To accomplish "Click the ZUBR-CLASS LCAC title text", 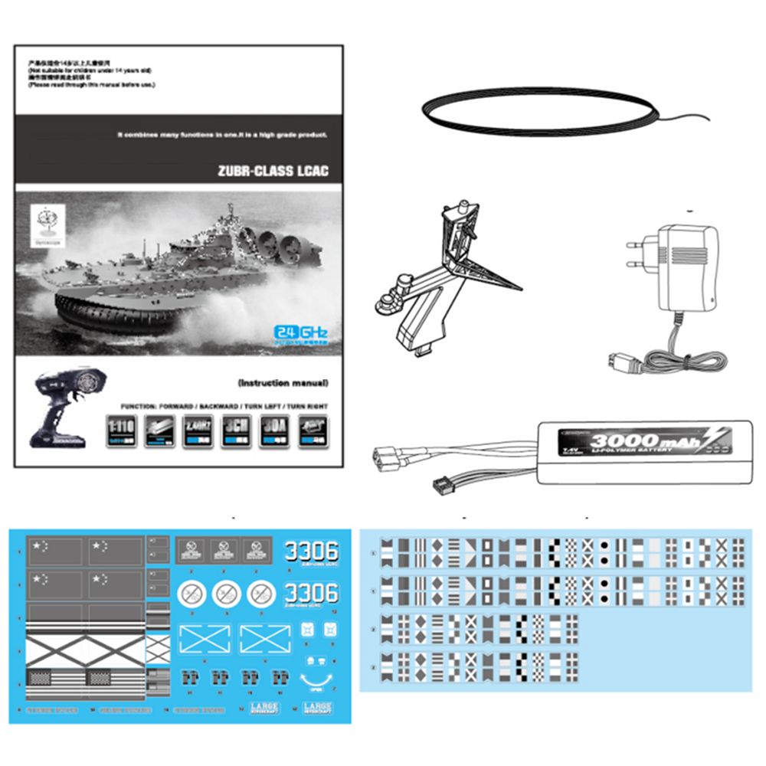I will [x=273, y=171].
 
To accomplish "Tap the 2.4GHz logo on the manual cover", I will [x=301, y=332].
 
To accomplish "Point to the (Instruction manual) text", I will [x=283, y=382].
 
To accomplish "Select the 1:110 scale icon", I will [x=121, y=431].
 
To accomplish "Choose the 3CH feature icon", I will [x=235, y=431].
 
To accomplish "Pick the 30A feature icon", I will [x=273, y=431].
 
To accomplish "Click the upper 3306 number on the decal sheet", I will [x=310, y=550].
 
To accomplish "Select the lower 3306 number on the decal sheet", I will [x=310, y=593].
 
